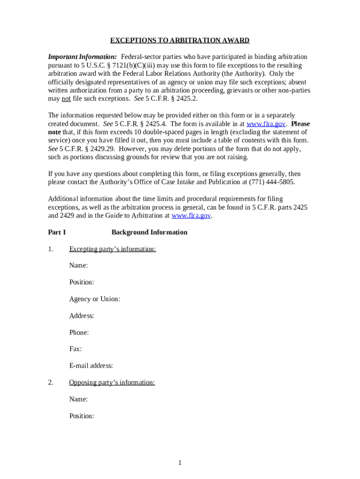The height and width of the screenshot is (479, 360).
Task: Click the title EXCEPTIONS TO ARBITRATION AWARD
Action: coord(180,41)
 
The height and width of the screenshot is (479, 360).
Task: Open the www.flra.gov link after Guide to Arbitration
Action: coord(192,216)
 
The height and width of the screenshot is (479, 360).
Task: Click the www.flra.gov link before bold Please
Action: coord(266,124)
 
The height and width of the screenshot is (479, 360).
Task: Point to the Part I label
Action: coord(57,232)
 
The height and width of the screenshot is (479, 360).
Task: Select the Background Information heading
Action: coord(149,232)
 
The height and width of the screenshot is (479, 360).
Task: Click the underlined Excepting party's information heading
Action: coord(112,249)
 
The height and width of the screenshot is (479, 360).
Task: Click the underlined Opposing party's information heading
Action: coord(112,383)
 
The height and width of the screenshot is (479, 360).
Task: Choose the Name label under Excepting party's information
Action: coord(79,266)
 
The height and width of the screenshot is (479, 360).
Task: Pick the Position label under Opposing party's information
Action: coord(81,416)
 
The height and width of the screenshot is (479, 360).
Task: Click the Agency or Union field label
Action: coord(94,299)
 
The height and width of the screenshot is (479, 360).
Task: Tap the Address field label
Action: coord(81,316)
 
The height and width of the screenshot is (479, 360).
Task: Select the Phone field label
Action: coord(79,333)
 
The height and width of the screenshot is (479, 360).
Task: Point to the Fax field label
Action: coord(75,349)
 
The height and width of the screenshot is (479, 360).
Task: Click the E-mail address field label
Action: coord(91,366)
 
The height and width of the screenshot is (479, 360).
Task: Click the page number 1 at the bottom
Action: coord(180,463)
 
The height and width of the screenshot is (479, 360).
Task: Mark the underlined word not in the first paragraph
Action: coord(66,99)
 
